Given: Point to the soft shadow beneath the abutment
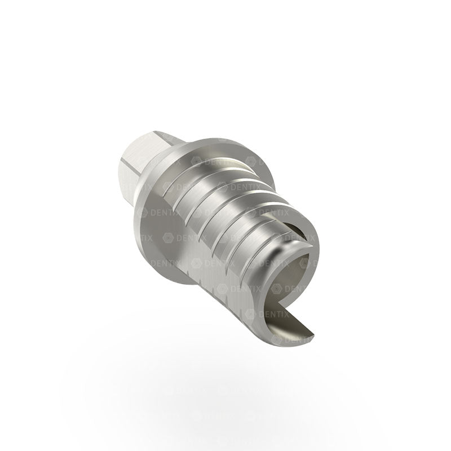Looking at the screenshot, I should click(x=225, y=389).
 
